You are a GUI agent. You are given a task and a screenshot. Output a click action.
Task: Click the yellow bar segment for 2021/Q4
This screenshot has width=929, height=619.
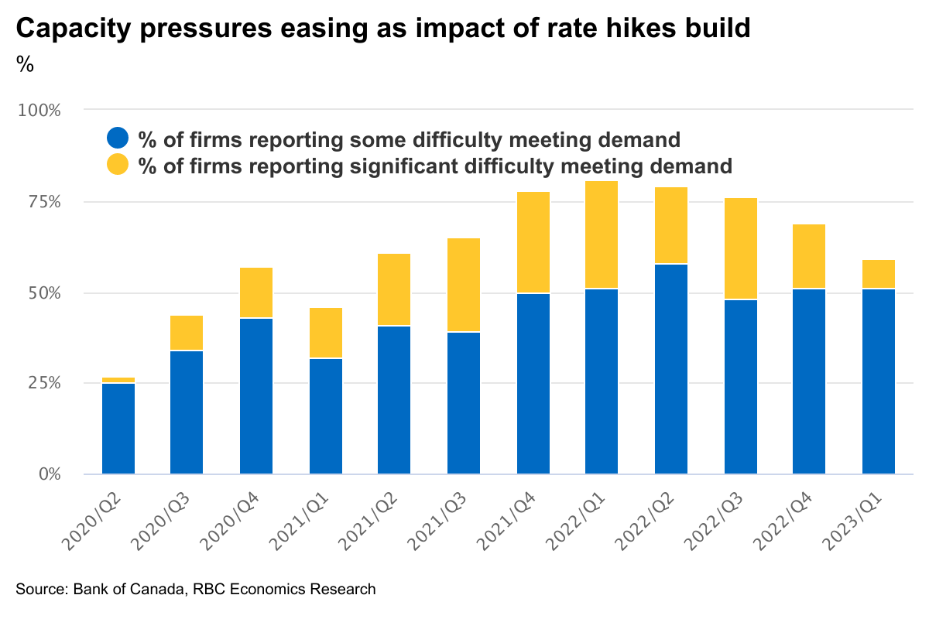533,242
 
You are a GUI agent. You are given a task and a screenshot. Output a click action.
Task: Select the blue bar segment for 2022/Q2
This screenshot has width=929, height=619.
671,368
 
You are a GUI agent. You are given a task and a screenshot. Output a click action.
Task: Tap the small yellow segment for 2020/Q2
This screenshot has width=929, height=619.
118,380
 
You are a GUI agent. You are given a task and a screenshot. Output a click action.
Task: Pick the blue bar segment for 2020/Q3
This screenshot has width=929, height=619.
187,412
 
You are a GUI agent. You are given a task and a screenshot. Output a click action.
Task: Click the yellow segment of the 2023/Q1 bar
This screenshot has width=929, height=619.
879,274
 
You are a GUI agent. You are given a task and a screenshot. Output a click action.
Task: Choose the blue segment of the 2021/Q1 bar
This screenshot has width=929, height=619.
325,416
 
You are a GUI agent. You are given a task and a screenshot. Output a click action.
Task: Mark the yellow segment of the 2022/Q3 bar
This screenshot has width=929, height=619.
740,248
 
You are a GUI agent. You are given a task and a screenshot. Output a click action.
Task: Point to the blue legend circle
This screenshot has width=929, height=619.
118,139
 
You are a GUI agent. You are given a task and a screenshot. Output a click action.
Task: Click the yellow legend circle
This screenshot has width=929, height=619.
118,165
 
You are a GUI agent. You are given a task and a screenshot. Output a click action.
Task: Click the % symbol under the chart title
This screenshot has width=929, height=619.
25,65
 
